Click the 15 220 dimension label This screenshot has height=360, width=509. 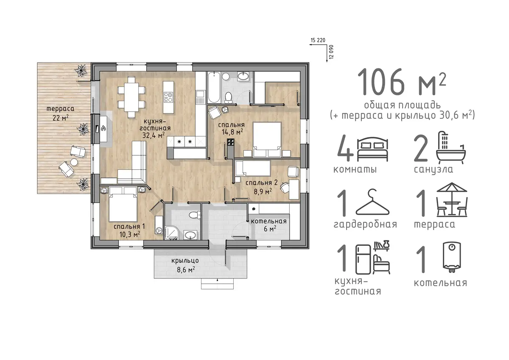pyautogui.click(x=318, y=40)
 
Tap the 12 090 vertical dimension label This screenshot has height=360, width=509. pyautogui.click(x=331, y=52)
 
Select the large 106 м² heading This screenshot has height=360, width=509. pyautogui.click(x=402, y=82)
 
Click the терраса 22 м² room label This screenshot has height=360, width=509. pyautogui.click(x=60, y=113)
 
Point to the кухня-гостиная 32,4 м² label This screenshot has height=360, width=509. pyautogui.click(x=155, y=128)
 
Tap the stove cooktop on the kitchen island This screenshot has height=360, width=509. pyautogui.click(x=168, y=97)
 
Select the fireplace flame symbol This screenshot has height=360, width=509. pyautogui.click(x=104, y=129)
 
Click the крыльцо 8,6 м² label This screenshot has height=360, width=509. pyautogui.click(x=185, y=265)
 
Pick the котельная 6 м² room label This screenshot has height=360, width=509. pyautogui.click(x=269, y=225)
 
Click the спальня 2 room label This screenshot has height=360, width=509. pyautogui.click(x=262, y=183)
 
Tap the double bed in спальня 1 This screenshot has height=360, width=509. pyautogui.click(x=123, y=204)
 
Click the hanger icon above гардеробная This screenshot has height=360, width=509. pyautogui.click(x=372, y=202)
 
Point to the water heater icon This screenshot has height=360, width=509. pyautogui.click(x=452, y=257)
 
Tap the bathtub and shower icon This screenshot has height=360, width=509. pyautogui.click(x=451, y=147)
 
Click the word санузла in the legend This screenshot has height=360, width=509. pyautogui.click(x=433, y=169)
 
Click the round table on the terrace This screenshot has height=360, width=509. pyautogui.click(x=74, y=162)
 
